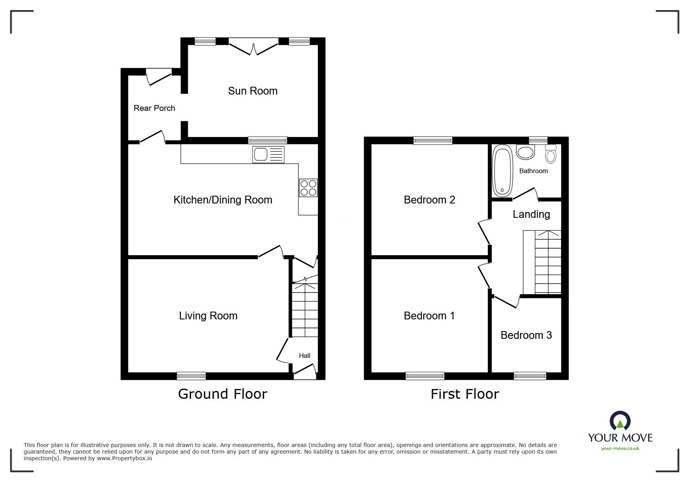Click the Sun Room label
pyautogui.click(x=252, y=91)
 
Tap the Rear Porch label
pyautogui.click(x=154, y=108)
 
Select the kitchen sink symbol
pyautogui.click(x=268, y=154)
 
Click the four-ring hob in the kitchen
pyautogui.click(x=308, y=188)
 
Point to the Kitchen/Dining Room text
pyautogui.click(x=223, y=200)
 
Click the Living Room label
pyautogui.click(x=208, y=316)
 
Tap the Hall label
pyautogui.click(x=305, y=356)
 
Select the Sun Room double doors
pyautogui.click(x=254, y=47)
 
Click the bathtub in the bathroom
pyautogui.click(x=502, y=171)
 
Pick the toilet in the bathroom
pyautogui.click(x=550, y=154)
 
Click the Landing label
pyautogui.click(x=531, y=214)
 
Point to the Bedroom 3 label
pyautogui.click(x=526, y=335)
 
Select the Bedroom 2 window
pyautogui.click(x=433, y=140)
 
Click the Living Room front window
pyautogui.click(x=191, y=376)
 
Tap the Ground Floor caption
pyautogui.click(x=223, y=394)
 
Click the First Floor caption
pyautogui.click(x=465, y=394)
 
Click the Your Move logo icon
pyautogui.click(x=620, y=421)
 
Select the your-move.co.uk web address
pyautogui.click(x=620, y=449)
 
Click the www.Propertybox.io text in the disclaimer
pyautogui.click(x=124, y=458)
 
